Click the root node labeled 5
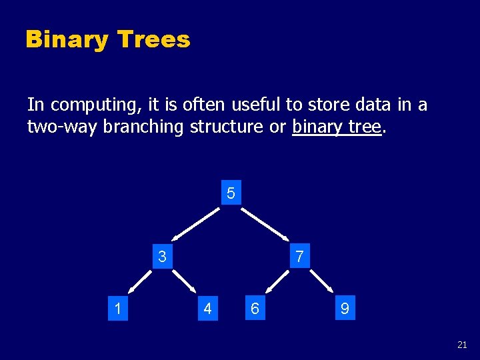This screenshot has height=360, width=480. pos(231,194)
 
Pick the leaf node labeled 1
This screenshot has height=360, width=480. pos(117,309)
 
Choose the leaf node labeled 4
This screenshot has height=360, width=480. pos(207,309)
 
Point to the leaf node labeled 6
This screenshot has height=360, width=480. pos(254,309)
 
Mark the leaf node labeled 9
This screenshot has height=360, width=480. pos(344,309)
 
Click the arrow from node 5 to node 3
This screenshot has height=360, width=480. pos(195,223)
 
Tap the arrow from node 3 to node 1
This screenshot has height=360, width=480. pos(140,281)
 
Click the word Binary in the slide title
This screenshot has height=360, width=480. pos(67,40)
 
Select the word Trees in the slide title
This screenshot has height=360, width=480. pos(153,40)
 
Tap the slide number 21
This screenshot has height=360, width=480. pos(462,345)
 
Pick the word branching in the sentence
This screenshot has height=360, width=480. pos(144,127)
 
